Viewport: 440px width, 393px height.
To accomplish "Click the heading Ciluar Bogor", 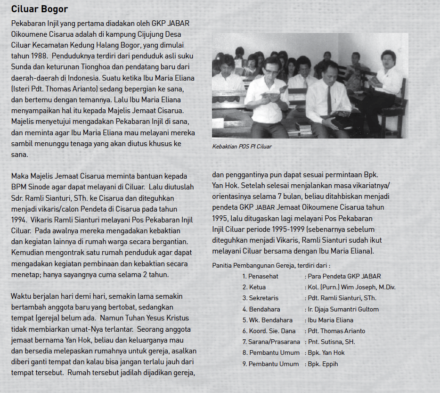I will pyautogui.click(x=40, y=9).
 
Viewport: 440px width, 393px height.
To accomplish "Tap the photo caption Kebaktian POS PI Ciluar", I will pyautogui.click(x=242, y=147).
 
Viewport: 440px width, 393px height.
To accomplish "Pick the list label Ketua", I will pyautogui.click(x=257, y=287).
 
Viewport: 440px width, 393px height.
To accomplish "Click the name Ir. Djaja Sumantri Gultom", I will pyautogui.click(x=343, y=309).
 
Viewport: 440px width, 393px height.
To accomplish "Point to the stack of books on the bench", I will pyautogui.click(x=304, y=127).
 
